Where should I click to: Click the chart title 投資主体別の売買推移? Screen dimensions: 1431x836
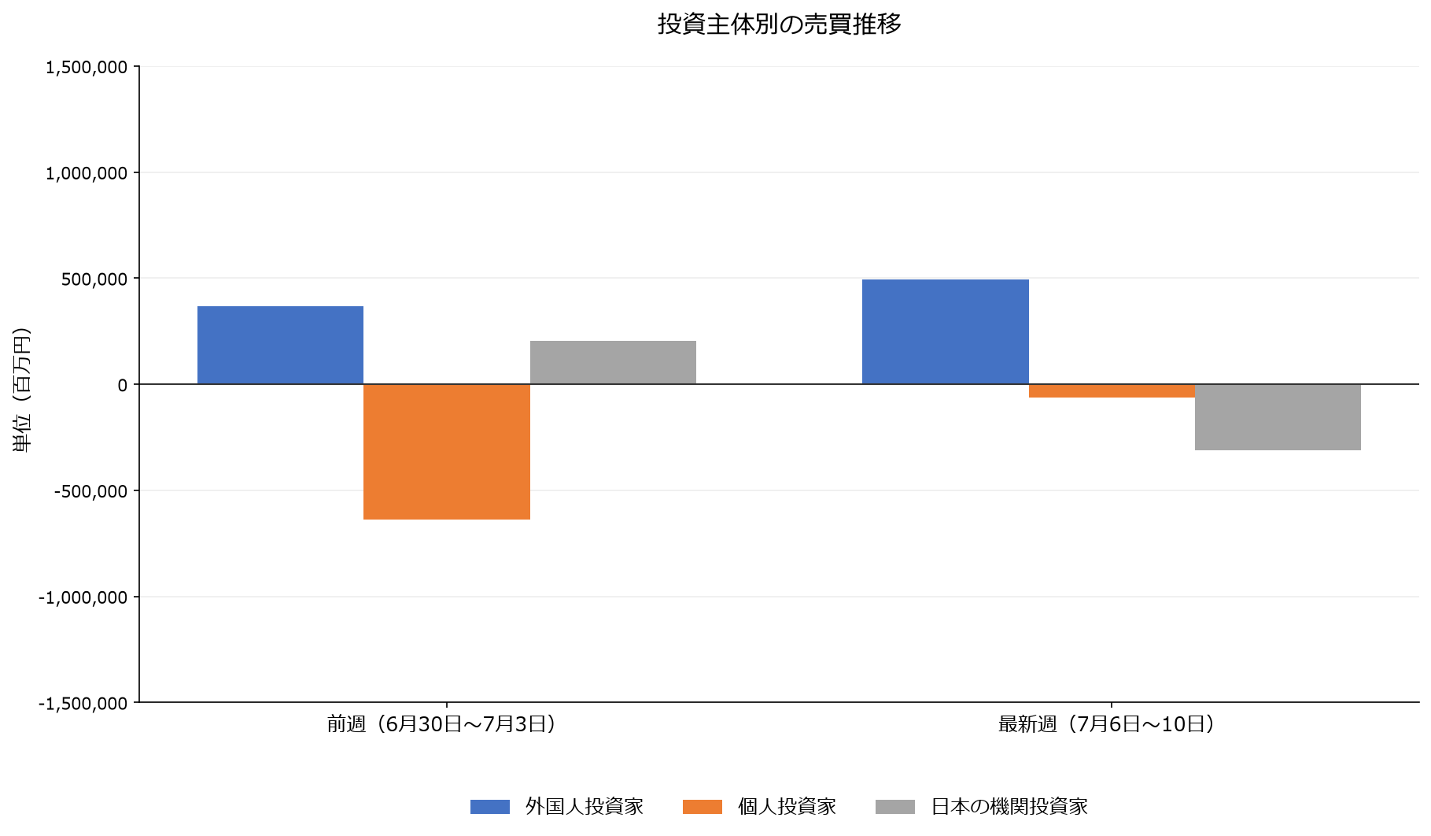[x=779, y=24]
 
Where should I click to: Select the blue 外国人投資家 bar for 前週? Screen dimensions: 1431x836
[x=280, y=345]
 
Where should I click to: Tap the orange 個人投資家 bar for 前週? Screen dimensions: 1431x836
[x=447, y=452]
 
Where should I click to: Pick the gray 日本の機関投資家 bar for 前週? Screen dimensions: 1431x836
[x=613, y=362]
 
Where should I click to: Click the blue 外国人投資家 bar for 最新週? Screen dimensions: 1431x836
[x=946, y=331]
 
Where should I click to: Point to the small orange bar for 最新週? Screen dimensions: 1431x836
[x=1112, y=390]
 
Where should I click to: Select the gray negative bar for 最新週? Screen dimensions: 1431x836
[x=1278, y=417]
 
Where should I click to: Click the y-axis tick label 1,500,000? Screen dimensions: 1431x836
[x=87, y=67]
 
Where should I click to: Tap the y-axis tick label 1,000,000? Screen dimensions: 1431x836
[x=87, y=173]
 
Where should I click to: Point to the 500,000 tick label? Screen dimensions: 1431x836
[x=94, y=279]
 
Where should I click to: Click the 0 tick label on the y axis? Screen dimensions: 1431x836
[x=122, y=385]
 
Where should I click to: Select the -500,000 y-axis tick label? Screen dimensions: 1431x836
[x=90, y=491]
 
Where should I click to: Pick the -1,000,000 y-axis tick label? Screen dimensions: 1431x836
[x=83, y=597]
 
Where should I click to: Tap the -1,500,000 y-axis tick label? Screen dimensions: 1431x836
[x=83, y=703]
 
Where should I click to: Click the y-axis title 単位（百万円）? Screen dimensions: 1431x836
[x=22, y=390]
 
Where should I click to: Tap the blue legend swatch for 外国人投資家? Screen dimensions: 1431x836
[x=490, y=807]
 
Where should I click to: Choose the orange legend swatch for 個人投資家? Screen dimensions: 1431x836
[x=703, y=807]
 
